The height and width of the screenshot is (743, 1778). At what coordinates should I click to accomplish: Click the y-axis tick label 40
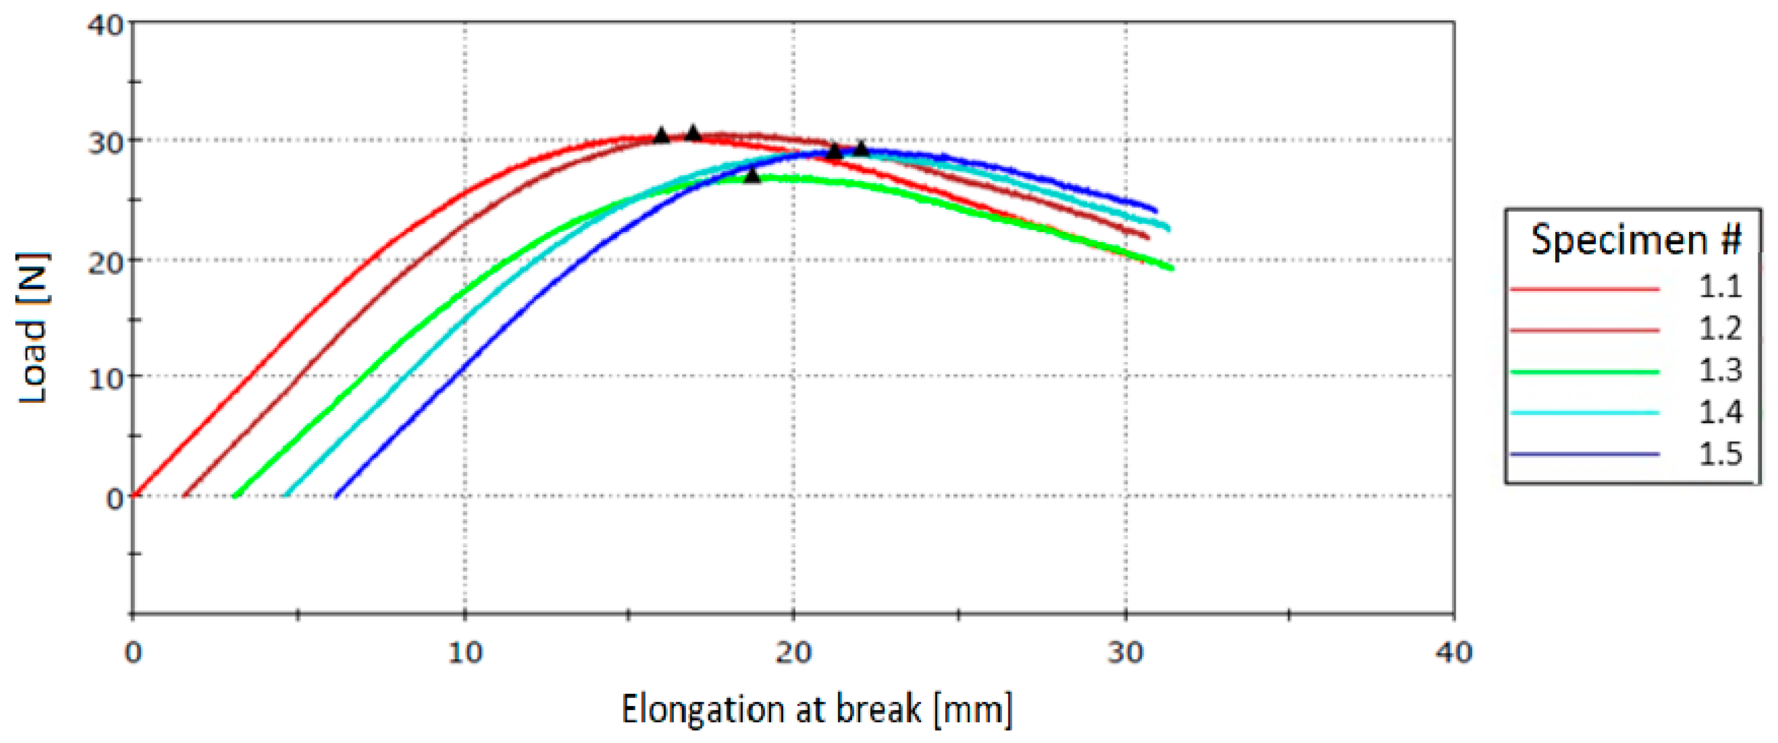coord(106,26)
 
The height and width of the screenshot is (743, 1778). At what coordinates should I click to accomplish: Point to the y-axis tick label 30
coord(106,144)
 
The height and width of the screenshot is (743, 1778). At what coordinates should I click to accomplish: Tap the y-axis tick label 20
coord(106,263)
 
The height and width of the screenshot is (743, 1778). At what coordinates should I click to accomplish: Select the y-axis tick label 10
coord(106,379)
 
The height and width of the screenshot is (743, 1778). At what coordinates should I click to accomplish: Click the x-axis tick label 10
coord(464,652)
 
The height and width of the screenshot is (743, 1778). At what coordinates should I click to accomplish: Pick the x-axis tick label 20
coord(793,652)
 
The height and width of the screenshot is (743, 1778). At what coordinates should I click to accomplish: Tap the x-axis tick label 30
coord(1126,652)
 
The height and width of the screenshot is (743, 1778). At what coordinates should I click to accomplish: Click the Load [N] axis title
coord(33,328)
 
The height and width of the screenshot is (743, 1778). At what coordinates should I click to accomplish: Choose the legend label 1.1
coord(1719,287)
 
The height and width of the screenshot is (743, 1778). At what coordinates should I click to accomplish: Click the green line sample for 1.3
coord(1585,372)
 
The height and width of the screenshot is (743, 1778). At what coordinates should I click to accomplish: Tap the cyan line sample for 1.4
coord(1585,413)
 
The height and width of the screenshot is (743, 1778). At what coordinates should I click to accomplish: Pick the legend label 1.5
coord(1719,454)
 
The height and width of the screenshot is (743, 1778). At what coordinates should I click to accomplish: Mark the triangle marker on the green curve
coord(752,175)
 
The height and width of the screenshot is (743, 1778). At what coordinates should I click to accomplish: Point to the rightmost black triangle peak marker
coord(861,148)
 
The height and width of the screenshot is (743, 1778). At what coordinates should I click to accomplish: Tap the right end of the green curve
coord(1171,268)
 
